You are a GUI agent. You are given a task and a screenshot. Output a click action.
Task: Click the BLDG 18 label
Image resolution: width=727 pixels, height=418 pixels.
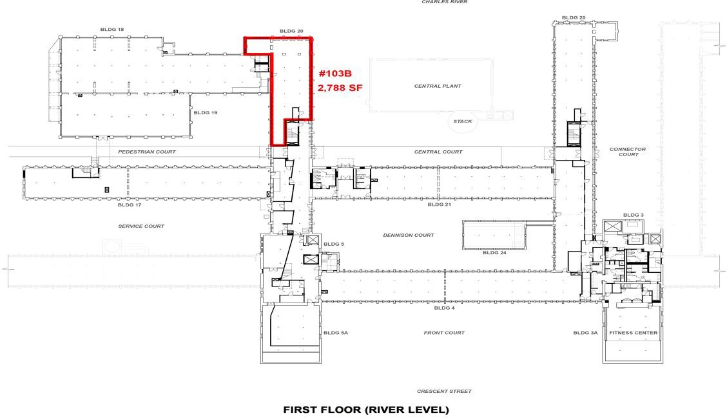pyautogui.click(x=112, y=30)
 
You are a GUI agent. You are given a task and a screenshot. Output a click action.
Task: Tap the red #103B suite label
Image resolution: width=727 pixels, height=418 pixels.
pyautogui.click(x=335, y=74)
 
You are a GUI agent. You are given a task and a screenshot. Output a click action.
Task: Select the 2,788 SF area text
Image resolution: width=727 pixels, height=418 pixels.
pyautogui.click(x=340, y=87)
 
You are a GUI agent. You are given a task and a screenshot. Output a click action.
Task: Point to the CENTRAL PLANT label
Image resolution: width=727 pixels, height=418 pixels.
pyautogui.click(x=438, y=86)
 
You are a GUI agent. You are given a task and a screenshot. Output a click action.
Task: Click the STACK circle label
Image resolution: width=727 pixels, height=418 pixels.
pyautogui.click(x=463, y=121)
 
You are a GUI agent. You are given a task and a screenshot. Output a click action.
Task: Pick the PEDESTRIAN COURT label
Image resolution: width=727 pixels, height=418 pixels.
pyautogui.click(x=147, y=152)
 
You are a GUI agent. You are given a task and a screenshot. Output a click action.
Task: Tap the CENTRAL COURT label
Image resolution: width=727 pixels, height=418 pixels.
pyautogui.click(x=438, y=152)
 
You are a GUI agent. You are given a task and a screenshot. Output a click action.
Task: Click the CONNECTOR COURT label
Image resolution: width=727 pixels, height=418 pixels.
pyautogui.click(x=628, y=152)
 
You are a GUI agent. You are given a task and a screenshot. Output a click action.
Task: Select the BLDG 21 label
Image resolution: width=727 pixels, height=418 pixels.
pyautogui.click(x=439, y=204)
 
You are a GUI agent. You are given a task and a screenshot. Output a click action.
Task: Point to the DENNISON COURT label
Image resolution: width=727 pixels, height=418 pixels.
pyautogui.click(x=409, y=235)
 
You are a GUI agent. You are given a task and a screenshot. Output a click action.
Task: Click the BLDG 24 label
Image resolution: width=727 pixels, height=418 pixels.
pyautogui.click(x=495, y=253)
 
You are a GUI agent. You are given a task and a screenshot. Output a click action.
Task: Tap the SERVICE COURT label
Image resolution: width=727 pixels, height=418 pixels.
pyautogui.click(x=141, y=226)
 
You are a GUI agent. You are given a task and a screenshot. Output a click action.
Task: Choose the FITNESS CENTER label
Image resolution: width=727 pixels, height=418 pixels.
pyautogui.click(x=634, y=333)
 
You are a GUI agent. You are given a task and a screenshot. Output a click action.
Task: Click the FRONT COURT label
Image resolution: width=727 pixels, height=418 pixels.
pyautogui.click(x=444, y=333)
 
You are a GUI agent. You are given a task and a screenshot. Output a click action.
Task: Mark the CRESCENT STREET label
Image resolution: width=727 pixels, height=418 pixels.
pyautogui.click(x=444, y=391)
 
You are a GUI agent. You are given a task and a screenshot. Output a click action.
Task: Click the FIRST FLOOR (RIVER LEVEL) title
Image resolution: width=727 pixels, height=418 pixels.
pyautogui.click(x=366, y=410)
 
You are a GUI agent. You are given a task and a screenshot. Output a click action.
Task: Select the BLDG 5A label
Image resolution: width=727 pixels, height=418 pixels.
pyautogui.click(x=336, y=333)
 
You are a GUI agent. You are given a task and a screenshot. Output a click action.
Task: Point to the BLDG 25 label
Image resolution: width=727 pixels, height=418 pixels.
pyautogui.click(x=574, y=17)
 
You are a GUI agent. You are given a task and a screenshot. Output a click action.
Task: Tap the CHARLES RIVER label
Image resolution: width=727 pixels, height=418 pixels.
pyautogui.click(x=445, y=3)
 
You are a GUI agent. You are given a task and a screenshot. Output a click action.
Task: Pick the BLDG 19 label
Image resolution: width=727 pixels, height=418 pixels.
pyautogui.click(x=206, y=113)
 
